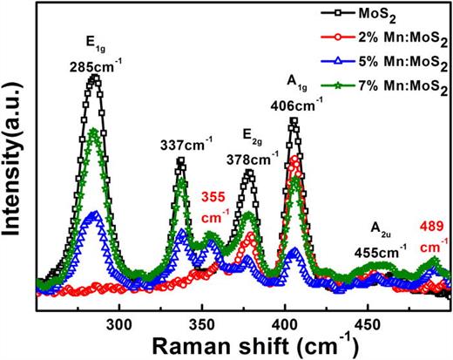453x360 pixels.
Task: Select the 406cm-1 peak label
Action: (296, 102)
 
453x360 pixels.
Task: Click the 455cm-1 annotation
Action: (381, 251)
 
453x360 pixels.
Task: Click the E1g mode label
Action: (93, 44)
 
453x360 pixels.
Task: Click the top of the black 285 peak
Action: (94, 78)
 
